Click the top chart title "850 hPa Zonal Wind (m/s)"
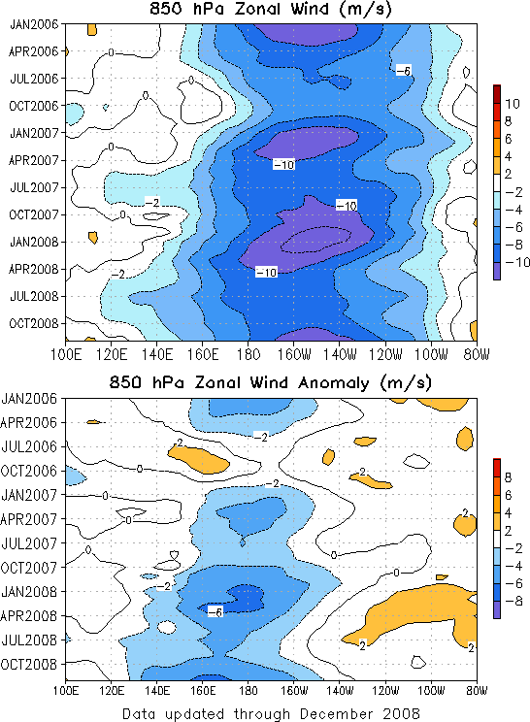click(270, 9)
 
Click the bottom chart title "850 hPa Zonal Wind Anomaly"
click(239, 383)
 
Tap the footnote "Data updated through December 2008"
click(271, 713)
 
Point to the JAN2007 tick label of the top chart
click(34, 133)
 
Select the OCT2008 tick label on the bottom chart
click(29, 665)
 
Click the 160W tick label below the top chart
click(294, 354)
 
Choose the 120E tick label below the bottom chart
click(111, 690)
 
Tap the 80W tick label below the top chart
click(477, 354)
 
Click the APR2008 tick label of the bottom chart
click(29, 615)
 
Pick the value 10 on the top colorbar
click(512, 104)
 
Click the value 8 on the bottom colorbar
click(509, 477)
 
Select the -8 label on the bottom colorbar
click(513, 601)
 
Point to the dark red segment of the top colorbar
click(497, 94)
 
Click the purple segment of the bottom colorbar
click(497, 609)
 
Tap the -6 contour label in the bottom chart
click(215, 611)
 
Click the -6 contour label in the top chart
click(404, 71)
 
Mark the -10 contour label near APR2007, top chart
click(283, 164)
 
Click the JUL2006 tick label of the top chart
click(34, 79)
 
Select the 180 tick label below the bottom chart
click(248, 690)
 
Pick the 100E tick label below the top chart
click(66, 354)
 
